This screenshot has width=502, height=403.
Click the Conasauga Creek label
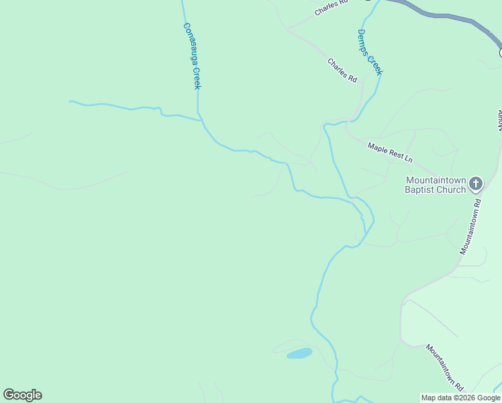point(192,56)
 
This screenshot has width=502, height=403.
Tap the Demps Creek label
point(370,52)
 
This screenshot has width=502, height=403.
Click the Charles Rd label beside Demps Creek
point(342,70)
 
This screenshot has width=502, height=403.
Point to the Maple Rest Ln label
point(390,151)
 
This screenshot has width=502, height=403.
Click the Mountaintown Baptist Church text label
point(435,185)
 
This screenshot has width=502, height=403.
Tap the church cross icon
point(476,183)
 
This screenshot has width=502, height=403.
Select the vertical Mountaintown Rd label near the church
point(471,226)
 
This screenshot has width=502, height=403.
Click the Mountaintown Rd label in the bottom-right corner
point(444,368)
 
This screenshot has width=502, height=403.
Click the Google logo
point(22,395)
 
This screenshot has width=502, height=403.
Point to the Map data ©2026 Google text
point(460,398)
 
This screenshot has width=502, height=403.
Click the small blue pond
point(300,353)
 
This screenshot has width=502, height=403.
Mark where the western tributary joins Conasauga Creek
point(199,120)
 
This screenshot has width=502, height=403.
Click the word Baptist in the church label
point(419,189)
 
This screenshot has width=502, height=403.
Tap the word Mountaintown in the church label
point(435,180)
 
